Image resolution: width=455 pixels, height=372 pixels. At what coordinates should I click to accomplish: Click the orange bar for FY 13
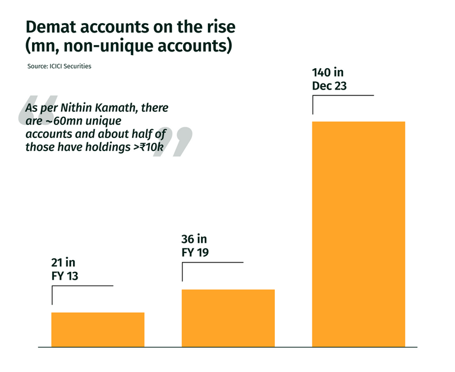coord(98,329)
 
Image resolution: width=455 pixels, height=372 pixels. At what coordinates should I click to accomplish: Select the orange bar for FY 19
coord(228,318)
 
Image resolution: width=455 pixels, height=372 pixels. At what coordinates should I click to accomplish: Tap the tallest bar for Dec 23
coord(358,233)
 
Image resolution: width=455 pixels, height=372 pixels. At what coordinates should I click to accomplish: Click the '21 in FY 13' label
coord(65,270)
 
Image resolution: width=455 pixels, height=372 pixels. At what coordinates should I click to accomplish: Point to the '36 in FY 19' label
coord(195,245)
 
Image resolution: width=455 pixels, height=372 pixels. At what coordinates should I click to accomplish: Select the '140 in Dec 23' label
coord(329,79)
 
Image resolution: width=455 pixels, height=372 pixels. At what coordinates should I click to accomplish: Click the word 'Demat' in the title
coord(51,27)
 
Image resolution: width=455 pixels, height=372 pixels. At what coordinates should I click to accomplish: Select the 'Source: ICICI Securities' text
coord(59,66)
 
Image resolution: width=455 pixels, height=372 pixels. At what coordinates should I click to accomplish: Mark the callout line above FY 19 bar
coord(212,262)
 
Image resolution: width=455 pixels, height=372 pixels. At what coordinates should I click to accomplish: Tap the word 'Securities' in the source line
coord(76,66)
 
